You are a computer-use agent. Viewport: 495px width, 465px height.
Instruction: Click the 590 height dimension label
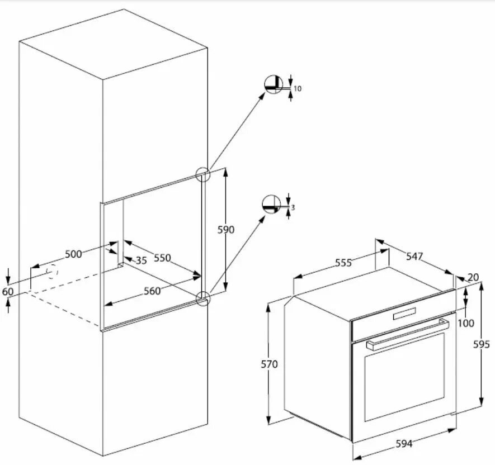[225, 230]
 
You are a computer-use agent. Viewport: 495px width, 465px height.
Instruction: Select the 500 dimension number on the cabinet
[73, 254]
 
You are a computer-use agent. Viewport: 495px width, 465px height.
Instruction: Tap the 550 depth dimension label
[162, 258]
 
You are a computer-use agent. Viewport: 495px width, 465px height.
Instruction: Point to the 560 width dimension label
[152, 291]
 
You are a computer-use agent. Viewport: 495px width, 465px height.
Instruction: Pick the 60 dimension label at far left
[8, 292]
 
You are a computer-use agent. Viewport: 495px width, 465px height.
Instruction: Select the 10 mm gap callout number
[298, 88]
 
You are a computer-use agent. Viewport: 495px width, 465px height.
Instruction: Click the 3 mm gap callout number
[293, 207]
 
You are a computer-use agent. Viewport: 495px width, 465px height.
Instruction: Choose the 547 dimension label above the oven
[414, 257]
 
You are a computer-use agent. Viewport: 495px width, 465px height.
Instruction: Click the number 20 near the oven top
[473, 277]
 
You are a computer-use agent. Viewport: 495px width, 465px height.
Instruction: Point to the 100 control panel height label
[465, 323]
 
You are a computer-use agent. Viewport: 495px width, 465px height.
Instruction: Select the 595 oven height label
[482, 344]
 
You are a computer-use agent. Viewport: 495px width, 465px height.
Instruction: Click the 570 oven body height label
[270, 364]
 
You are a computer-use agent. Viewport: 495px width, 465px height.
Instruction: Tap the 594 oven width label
[404, 444]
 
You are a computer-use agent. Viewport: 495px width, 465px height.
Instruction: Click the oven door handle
[408, 334]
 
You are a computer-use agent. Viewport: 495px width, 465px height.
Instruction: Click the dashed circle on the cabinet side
[52, 271]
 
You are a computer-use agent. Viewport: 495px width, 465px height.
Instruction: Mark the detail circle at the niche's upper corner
[202, 174]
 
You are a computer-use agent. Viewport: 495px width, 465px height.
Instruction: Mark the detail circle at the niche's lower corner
[203, 298]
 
